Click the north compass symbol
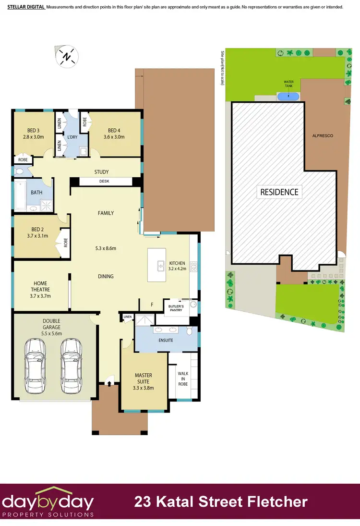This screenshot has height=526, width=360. pos(66,56)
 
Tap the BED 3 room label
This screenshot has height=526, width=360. pos(33,130)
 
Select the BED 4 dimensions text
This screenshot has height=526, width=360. pos(114,137)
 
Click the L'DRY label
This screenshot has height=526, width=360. pos(72,137)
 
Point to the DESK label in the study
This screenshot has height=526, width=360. pos(104,181)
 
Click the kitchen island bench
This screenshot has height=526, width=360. pos(156,265)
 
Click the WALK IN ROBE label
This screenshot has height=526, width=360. pos(183,379)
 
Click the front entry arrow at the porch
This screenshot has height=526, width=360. pos(109,383)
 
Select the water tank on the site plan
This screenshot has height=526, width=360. pos(288,96)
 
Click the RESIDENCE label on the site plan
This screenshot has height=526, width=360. pos(279,192)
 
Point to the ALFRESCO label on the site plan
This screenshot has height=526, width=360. pos(322,136)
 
